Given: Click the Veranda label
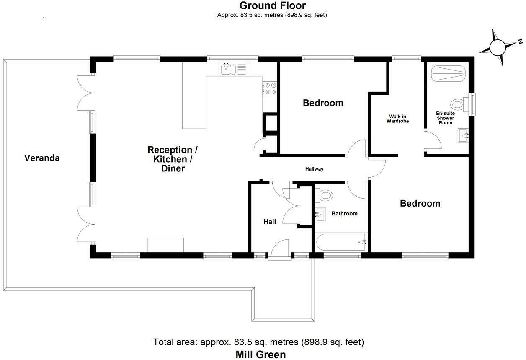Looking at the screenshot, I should (x=42, y=158).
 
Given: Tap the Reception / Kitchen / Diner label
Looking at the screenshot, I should (x=173, y=159).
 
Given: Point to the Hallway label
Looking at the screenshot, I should (x=314, y=169).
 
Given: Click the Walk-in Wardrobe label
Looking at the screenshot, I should (x=397, y=119).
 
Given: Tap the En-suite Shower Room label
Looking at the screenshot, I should (x=445, y=118).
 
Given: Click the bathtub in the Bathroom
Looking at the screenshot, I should (x=341, y=242).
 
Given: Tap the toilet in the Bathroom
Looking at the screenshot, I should (x=325, y=195).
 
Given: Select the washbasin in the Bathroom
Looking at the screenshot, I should (x=320, y=214).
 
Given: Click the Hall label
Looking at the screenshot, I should (x=270, y=222).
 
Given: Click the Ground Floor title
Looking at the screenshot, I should (x=272, y=5).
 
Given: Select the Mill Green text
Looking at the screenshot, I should (x=260, y=355).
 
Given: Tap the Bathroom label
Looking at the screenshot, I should (x=345, y=213).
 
